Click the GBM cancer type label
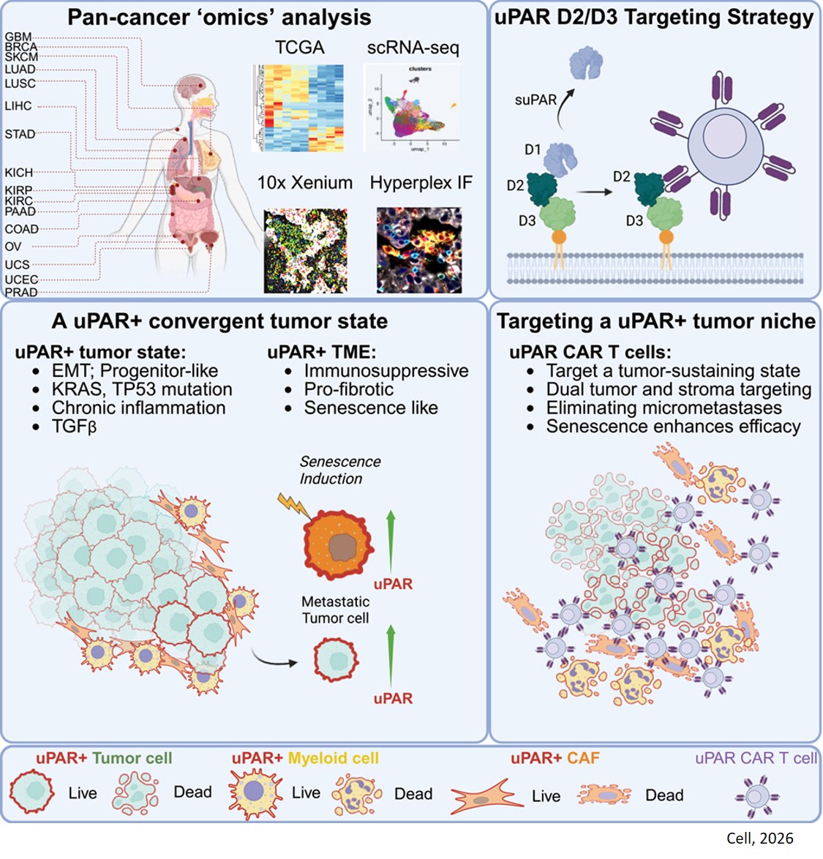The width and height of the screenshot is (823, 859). click(x=18, y=37)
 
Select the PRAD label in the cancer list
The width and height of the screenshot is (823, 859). click(x=21, y=293)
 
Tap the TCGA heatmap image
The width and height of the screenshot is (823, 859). click(x=298, y=108)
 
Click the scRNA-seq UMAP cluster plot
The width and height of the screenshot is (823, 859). click(x=412, y=107)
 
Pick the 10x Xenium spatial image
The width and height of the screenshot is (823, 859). click(x=305, y=251)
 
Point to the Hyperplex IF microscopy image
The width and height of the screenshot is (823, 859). click(x=419, y=251)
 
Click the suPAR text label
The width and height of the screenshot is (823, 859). click(x=535, y=100)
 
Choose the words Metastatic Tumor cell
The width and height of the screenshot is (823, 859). click(x=335, y=609)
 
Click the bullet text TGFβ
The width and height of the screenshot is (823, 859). click(x=74, y=426)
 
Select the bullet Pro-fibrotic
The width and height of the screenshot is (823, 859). click(x=348, y=389)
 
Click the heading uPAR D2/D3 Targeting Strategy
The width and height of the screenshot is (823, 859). click(x=654, y=18)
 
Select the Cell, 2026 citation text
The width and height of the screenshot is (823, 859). click(x=759, y=839)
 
